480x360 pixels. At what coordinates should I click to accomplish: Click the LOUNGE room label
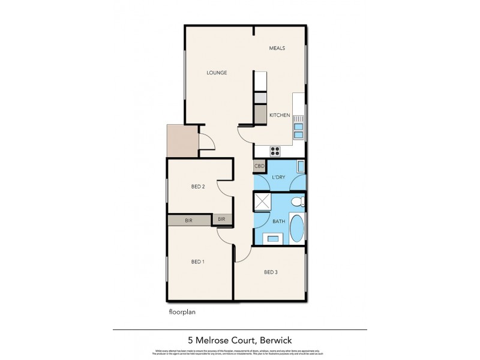click(x=217, y=73)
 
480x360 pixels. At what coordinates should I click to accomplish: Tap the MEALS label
click(x=277, y=48)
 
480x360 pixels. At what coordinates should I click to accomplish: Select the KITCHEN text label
click(x=280, y=115)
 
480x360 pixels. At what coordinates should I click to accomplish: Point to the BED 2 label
click(x=199, y=187)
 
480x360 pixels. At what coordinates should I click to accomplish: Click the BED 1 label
click(x=198, y=262)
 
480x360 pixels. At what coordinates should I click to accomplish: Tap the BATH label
click(x=278, y=221)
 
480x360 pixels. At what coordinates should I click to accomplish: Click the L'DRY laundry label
click(x=279, y=178)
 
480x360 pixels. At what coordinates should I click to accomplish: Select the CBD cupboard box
click(x=259, y=166)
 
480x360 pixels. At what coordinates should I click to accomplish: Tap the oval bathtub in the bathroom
click(x=297, y=230)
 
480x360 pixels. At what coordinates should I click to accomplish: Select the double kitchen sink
click(x=298, y=130)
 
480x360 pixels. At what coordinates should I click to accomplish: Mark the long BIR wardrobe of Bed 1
click(x=189, y=220)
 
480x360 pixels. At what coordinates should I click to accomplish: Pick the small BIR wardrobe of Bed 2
click(x=221, y=220)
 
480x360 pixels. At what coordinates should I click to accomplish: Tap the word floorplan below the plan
click(x=183, y=312)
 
